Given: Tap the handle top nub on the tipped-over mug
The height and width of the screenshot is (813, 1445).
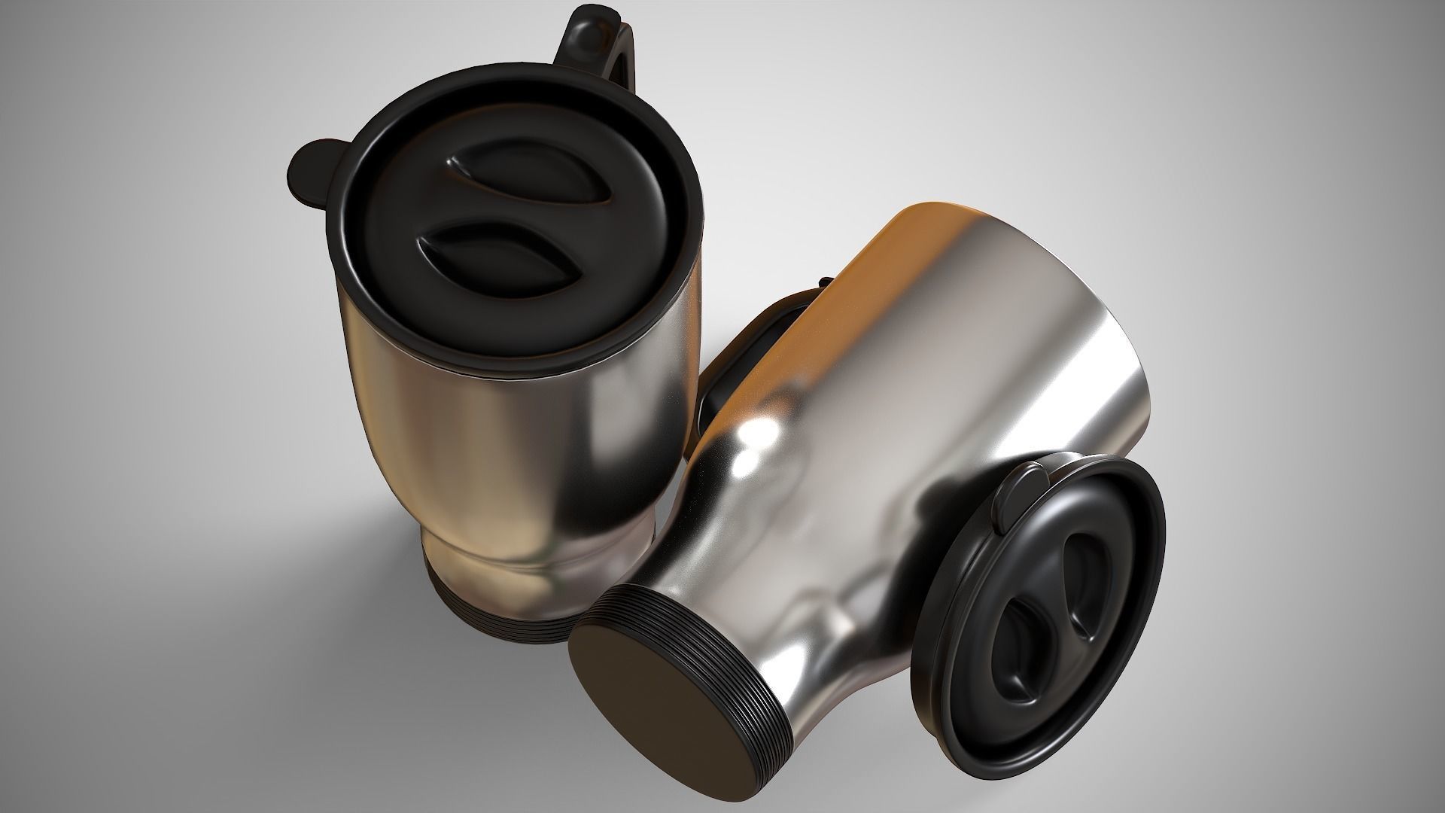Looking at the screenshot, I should pos(825,282).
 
